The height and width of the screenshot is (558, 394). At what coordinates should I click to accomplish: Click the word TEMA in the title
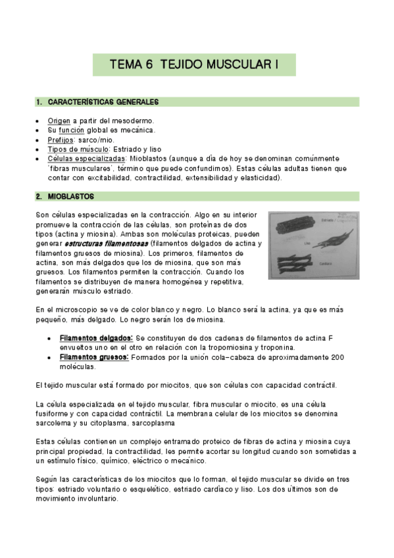point(126,64)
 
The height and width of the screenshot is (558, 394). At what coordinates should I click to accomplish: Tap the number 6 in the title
point(149,64)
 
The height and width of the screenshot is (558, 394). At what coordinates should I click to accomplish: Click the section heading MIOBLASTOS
point(72,196)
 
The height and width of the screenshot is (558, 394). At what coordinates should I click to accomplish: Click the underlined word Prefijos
point(61,139)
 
